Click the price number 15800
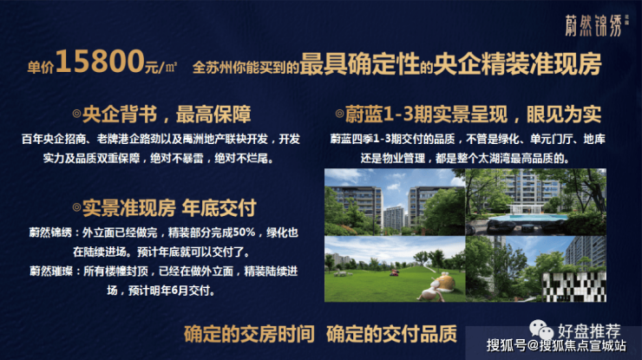(x=100, y=62)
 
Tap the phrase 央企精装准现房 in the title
(x=518, y=64)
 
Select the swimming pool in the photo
(x=535, y=217)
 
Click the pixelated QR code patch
(x=574, y=287)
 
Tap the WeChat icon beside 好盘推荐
(x=541, y=330)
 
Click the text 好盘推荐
(x=589, y=331)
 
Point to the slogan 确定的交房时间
(x=249, y=334)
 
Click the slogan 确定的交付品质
(x=391, y=334)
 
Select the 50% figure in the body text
(x=245, y=232)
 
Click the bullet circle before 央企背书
(x=76, y=114)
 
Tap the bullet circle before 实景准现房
(x=76, y=207)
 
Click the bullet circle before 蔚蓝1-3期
(x=339, y=114)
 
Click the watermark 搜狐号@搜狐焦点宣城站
(x=556, y=345)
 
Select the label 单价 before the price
(x=41, y=67)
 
